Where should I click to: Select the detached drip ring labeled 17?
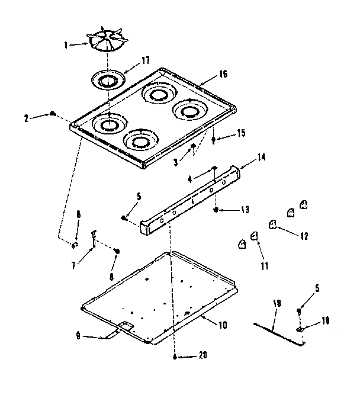108,78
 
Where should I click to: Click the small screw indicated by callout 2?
53,113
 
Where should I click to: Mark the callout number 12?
303,235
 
